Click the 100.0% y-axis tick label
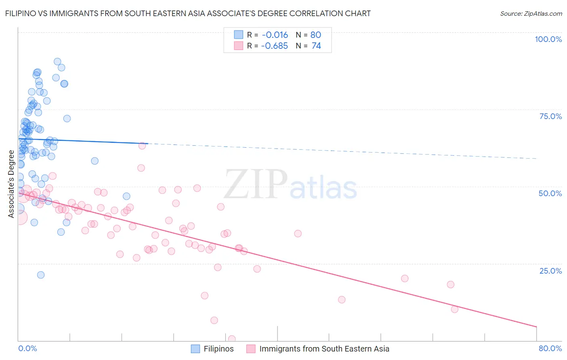pyautogui.click(x=548, y=39)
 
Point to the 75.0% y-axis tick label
pyautogui.click(x=550, y=116)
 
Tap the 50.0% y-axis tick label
pyautogui.click(x=550, y=193)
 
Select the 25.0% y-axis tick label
pyautogui.click(x=550, y=270)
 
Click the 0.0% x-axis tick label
pyautogui.click(x=27, y=348)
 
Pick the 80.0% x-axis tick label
pyautogui.click(x=550, y=348)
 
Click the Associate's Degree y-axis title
pyautogui.click(x=11, y=184)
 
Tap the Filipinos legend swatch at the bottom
pyautogui.click(x=196, y=349)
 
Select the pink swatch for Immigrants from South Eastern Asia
pyautogui.click(x=251, y=349)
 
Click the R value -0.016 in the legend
pyautogui.click(x=274, y=35)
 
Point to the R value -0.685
pyautogui.click(x=274, y=46)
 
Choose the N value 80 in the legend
pyautogui.click(x=316, y=35)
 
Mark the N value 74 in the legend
pyautogui.click(x=316, y=46)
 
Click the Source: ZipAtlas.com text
pyautogui.click(x=531, y=14)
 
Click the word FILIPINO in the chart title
pyautogui.click(x=23, y=13)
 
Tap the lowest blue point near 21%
pyautogui.click(x=41, y=275)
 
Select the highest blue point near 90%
pyautogui.click(x=57, y=62)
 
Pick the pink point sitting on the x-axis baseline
pyautogui.click(x=231, y=339)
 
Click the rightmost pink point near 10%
pyautogui.click(x=454, y=309)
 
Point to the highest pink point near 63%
pyautogui.click(x=142, y=146)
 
